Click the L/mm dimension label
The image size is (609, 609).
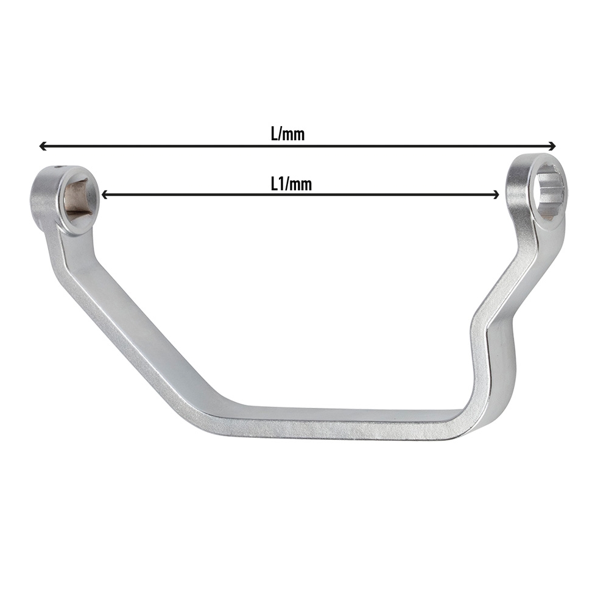coord(288,135)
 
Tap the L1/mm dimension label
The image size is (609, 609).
coord(291,184)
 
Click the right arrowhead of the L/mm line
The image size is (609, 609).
coord(552,146)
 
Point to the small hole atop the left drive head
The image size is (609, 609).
coord(59,168)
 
